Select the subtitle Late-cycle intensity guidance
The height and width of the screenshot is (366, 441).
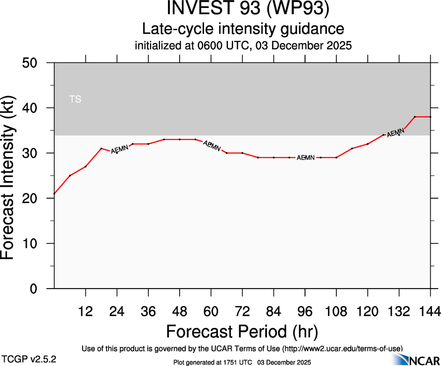[243, 29]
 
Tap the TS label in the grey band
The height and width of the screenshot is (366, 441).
[75, 99]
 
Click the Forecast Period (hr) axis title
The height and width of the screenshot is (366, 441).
[242, 331]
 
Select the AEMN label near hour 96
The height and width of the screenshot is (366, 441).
[305, 158]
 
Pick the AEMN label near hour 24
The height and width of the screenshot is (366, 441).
[119, 149]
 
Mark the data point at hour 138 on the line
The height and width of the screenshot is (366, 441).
[415, 117]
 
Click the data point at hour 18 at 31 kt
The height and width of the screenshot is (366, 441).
[101, 148]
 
